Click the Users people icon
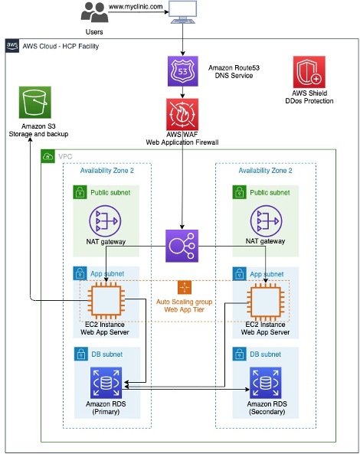coord(94,14)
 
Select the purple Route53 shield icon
coord(183,73)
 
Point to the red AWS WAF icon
coord(183,113)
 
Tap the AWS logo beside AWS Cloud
coord(12,46)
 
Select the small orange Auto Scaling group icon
coord(184,287)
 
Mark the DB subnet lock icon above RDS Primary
coord(79,355)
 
